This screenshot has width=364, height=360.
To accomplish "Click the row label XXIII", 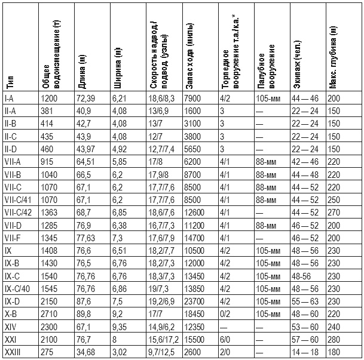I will pyautogui.click(x=12, y=352).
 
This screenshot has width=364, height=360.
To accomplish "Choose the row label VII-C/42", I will pyautogui.click(x=19, y=213).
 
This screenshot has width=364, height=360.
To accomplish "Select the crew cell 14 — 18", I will pyautogui.click(x=304, y=352).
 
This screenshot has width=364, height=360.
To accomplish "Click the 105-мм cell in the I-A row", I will pyautogui.click(x=267, y=97).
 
